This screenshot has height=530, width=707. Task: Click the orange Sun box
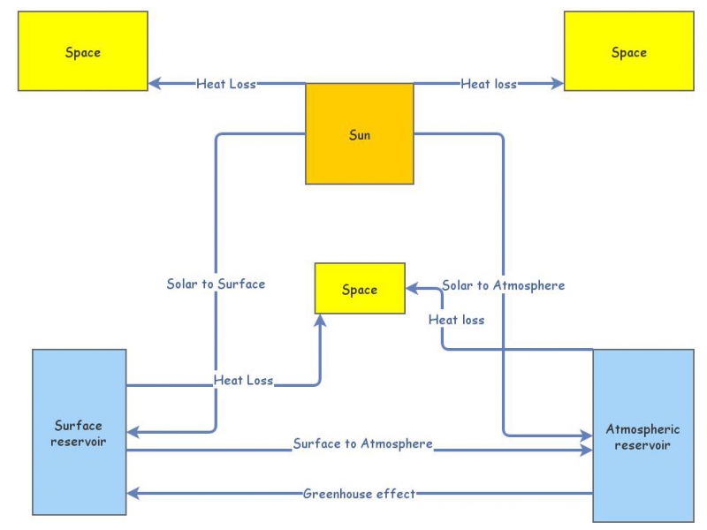[x=359, y=134]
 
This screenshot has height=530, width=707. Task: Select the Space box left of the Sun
[x=83, y=51]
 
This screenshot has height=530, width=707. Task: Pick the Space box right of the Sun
[x=628, y=51]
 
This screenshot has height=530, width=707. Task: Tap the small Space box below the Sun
[x=360, y=289]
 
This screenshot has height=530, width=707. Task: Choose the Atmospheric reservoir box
[x=642, y=435]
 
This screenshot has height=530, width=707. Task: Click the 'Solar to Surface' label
[x=216, y=284]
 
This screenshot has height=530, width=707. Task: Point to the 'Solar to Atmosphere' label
[x=503, y=284]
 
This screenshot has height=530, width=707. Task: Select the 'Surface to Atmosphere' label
[x=362, y=443]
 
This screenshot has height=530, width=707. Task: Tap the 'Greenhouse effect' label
[x=359, y=493]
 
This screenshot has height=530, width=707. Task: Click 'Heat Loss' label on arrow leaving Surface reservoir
[x=243, y=380]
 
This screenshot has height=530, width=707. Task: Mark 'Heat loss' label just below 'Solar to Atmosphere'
[x=456, y=319]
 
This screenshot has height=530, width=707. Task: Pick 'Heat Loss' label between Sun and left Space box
[x=226, y=84]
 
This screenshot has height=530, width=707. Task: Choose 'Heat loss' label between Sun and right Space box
[x=488, y=84]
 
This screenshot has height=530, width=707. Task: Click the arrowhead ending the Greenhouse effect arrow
[x=133, y=493]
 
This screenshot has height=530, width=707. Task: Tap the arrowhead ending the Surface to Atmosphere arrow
[x=587, y=450]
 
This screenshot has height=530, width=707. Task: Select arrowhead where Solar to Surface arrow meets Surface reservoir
[x=133, y=432]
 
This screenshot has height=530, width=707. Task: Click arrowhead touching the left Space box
[x=154, y=84]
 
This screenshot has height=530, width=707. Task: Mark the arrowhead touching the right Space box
[x=558, y=84]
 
